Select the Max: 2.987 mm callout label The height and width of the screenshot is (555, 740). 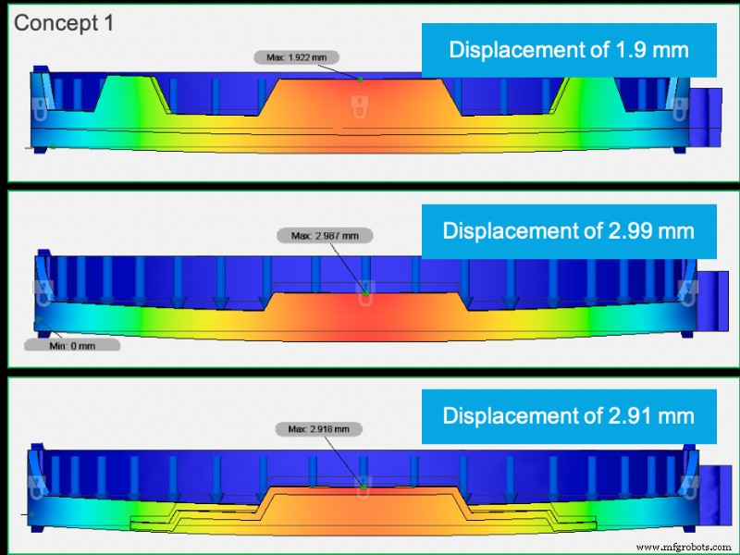tap(324, 236)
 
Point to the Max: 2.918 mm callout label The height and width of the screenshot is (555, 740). tap(319, 429)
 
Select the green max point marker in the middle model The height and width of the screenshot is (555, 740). tap(366, 293)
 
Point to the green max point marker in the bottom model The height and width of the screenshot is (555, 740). tap(364, 484)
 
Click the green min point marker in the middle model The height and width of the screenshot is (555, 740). tap(40, 321)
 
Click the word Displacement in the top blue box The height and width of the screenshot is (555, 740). tap(519, 49)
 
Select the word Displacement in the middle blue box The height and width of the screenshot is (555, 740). tap(512, 230)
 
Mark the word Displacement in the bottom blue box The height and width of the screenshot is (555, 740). tap(512, 415)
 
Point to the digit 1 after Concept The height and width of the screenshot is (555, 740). tap(107, 23)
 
